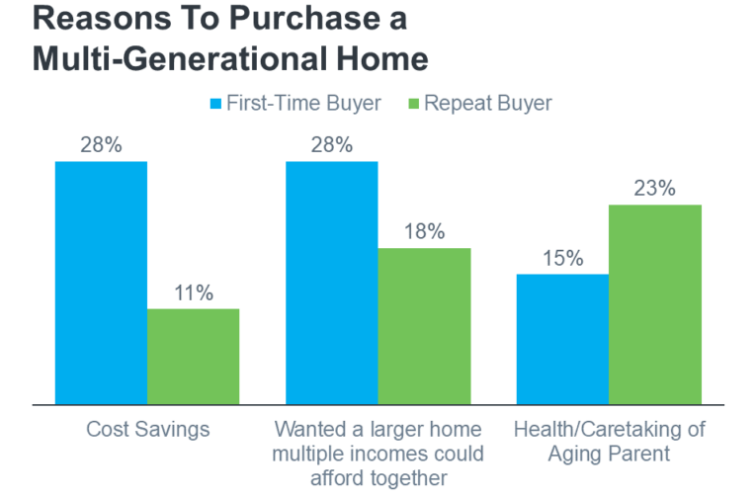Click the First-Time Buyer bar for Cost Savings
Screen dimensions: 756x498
tap(101, 283)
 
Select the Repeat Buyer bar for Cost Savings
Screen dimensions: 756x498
tap(194, 357)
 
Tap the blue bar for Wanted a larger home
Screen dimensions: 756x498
tap(332, 283)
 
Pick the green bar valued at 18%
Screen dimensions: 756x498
tap(424, 326)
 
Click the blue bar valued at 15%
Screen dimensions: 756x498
tap(562, 339)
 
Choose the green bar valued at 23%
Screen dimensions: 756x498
tap(655, 304)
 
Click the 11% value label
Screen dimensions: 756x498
tap(194, 293)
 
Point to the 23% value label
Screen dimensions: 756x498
tap(655, 189)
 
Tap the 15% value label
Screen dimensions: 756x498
tap(562, 259)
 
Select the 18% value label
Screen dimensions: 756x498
tap(424, 232)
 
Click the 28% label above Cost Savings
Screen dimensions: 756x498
tap(101, 145)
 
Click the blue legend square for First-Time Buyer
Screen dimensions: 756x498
tap(215, 104)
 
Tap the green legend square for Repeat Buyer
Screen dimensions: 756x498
tap(414, 104)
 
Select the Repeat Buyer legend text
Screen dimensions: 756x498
tap(488, 104)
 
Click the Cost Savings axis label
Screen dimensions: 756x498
tap(148, 430)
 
